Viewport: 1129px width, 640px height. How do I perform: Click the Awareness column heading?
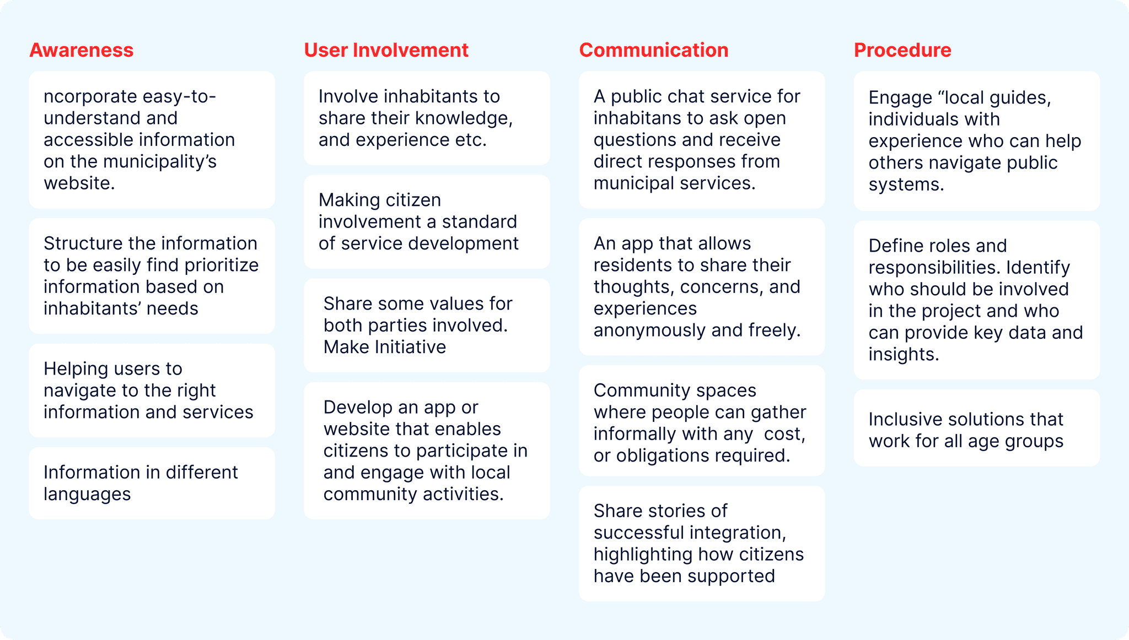coord(81,50)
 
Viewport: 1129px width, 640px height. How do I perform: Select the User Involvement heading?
coord(386,50)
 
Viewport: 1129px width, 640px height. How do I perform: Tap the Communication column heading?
coord(653,50)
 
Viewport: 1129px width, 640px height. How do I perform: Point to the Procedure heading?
coord(902,50)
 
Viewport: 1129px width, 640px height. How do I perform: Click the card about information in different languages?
coord(152,483)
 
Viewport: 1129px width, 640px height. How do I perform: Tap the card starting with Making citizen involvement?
coord(427,221)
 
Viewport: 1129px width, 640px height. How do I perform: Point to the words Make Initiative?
coord(385,347)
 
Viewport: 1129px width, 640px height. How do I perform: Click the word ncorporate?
coord(90,97)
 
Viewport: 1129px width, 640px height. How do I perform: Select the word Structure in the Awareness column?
coord(83,243)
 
